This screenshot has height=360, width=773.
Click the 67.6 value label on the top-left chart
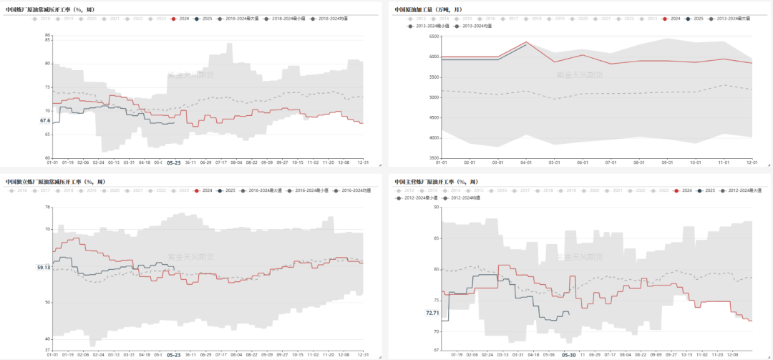pyautogui.click(x=45, y=121)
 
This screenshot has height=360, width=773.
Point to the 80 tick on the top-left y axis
pyautogui.click(x=47, y=64)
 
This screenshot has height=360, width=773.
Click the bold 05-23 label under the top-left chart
pyautogui.click(x=173, y=163)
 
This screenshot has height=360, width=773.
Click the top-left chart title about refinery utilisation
pyautogui.click(x=49, y=9)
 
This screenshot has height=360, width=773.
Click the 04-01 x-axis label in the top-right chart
pyautogui.click(x=526, y=162)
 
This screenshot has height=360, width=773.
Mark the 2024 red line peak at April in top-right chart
pyautogui.click(x=526, y=42)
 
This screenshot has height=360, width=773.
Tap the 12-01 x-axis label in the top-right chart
pyautogui.click(x=752, y=162)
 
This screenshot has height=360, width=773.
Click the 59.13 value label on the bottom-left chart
pyautogui.click(x=44, y=267)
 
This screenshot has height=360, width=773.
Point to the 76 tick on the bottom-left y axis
pyautogui.click(x=47, y=208)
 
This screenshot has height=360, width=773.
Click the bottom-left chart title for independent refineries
pyautogui.click(x=54, y=181)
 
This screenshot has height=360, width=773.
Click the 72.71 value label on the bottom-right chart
pyautogui.click(x=432, y=313)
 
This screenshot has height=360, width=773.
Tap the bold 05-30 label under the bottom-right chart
pyautogui.click(x=569, y=354)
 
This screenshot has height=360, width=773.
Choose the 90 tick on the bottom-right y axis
pyautogui.click(x=436, y=208)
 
